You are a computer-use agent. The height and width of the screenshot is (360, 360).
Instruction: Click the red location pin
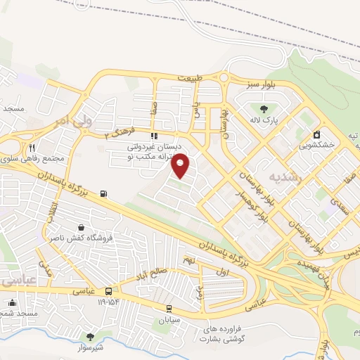[181, 165]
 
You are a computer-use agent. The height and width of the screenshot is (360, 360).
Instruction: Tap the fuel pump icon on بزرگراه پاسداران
[105, 193]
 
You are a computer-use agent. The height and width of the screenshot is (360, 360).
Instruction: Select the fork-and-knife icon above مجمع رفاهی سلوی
[32, 148]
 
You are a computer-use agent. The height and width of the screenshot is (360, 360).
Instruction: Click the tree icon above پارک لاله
[263, 109]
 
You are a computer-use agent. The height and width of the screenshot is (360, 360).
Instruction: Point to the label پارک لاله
[266, 121]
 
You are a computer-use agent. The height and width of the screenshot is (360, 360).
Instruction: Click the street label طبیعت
[189, 77]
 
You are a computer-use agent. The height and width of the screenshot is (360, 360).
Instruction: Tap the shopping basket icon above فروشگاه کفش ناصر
[83, 228]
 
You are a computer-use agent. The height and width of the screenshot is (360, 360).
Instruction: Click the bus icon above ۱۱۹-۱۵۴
[108, 291]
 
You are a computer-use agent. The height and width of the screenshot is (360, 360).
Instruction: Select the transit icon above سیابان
[169, 308]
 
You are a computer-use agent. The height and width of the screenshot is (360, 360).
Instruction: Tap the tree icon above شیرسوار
[89, 336]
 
